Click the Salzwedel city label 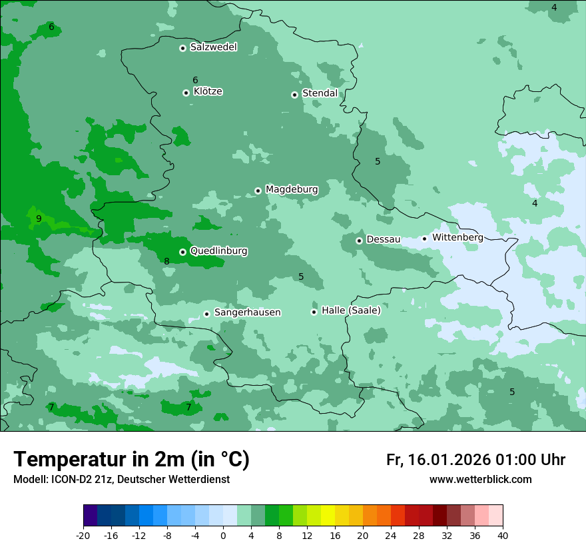[x=213, y=47]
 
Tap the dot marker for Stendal [x=294, y=95]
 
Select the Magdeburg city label [x=292, y=190]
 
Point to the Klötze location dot [x=186, y=93]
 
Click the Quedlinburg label [x=218, y=251]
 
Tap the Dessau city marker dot [x=359, y=241]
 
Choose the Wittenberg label [x=457, y=237]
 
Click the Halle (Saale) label [x=351, y=310]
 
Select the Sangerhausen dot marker [x=206, y=314]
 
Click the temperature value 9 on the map [x=39, y=219]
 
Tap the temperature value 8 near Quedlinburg [x=166, y=262]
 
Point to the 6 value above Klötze [x=195, y=80]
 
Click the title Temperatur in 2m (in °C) [x=131, y=460]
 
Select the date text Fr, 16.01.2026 [x=438, y=460]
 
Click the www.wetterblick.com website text [x=480, y=480]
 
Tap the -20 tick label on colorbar [x=83, y=535]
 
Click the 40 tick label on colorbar [x=503, y=535]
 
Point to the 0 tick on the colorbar [x=223, y=535]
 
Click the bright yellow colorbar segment [x=328, y=516]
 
